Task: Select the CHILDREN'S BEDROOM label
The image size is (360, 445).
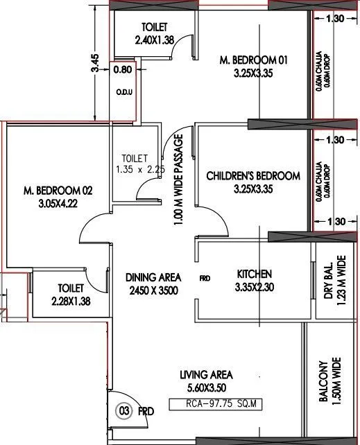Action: pos(253,176)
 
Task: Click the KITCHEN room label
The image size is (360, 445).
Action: pos(255,274)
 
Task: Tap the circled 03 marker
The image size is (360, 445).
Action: pos(124,411)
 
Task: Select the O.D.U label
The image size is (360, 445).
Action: pos(124,91)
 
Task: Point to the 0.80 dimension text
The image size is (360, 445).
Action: pos(122,69)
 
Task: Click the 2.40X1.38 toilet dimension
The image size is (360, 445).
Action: pos(154,40)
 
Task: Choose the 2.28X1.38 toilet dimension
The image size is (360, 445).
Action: pos(71,301)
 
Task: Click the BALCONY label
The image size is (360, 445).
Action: pos(323,381)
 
